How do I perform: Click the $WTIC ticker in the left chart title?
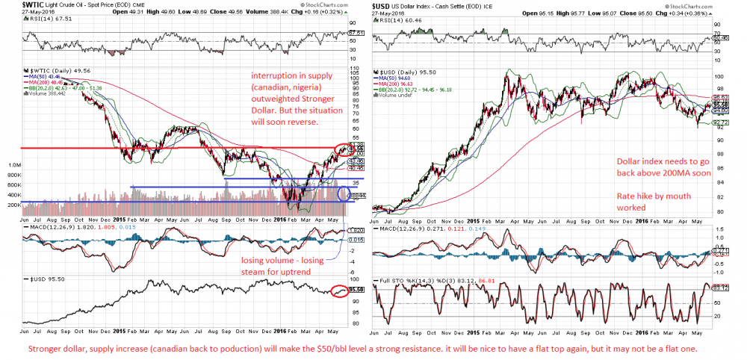pos(12,5)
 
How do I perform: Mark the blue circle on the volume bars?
pos(344,194)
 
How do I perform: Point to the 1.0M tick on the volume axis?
pos(13,164)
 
